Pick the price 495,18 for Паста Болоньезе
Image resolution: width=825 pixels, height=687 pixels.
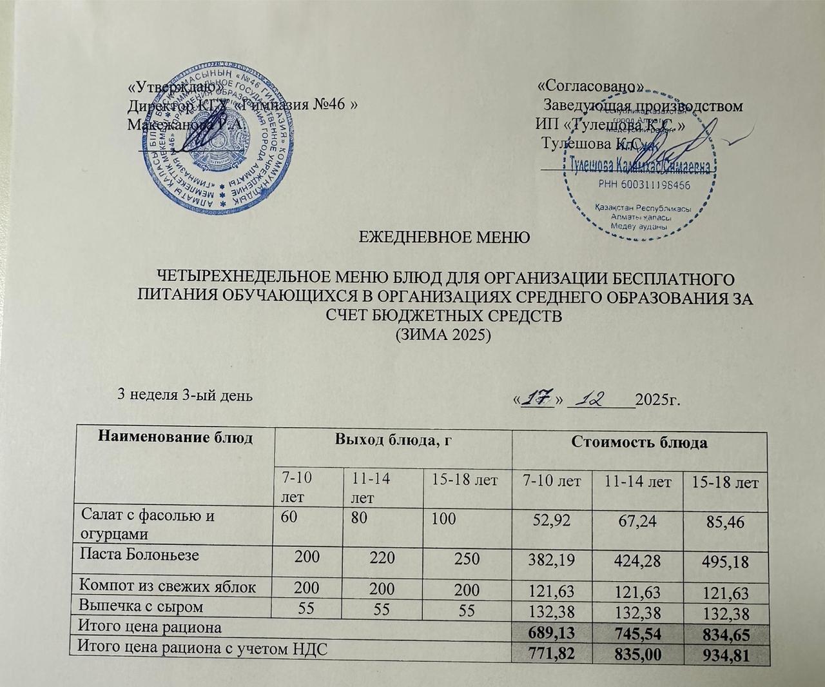pos(725,561)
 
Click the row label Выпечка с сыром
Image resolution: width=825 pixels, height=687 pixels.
pos(141,606)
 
